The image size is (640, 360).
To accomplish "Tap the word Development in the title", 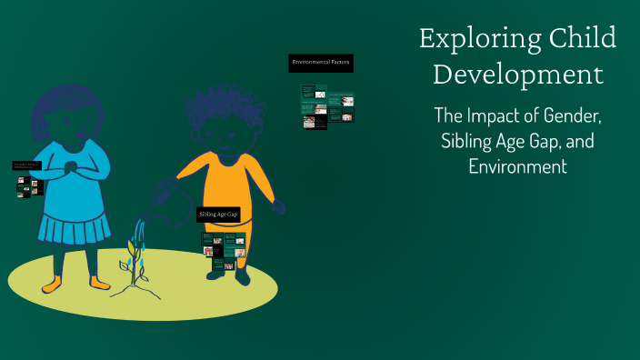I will (517, 75).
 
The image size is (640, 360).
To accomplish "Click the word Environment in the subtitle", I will (517, 167).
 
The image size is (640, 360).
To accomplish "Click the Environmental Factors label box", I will (320, 63).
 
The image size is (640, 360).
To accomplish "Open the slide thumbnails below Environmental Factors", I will (326, 106).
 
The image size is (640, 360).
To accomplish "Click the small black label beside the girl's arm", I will (27, 166).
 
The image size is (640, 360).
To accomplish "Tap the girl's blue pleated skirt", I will (74, 225).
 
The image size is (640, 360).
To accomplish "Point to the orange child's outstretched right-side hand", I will (278, 207).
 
